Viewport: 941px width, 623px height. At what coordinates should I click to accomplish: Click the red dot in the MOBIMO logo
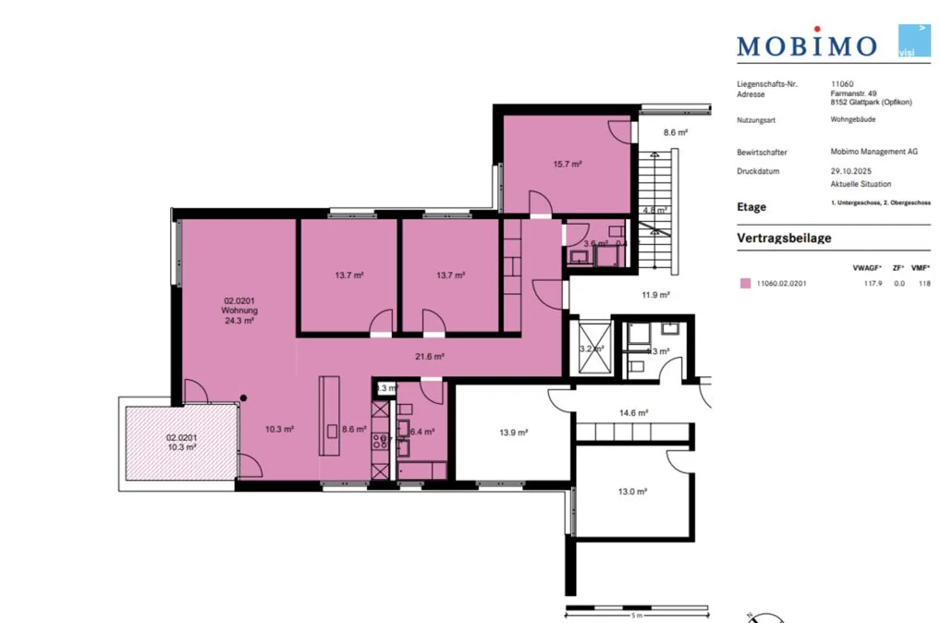click(x=817, y=29)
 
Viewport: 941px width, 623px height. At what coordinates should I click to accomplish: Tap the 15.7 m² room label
click(x=567, y=164)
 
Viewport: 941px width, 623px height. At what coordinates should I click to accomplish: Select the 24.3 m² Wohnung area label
click(x=239, y=320)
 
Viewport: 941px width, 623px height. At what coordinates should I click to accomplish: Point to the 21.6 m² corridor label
click(x=429, y=356)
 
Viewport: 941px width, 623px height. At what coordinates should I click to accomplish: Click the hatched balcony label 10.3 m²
click(x=182, y=447)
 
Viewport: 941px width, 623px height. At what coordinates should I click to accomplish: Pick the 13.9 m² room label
click(x=514, y=432)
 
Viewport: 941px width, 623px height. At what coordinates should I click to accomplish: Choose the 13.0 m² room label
click(x=632, y=491)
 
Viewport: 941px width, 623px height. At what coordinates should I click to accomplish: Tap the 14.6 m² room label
click(x=633, y=413)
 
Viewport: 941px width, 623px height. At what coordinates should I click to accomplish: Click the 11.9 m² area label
click(x=655, y=295)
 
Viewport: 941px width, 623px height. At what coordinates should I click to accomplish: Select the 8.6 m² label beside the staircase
click(x=675, y=132)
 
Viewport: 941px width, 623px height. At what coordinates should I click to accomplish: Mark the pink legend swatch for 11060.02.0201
click(x=745, y=283)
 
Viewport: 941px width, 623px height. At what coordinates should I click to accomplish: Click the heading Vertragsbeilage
click(x=784, y=238)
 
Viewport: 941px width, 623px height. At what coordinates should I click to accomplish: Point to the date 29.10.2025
click(x=851, y=171)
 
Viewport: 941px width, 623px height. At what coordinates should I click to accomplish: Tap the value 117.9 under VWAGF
click(x=872, y=283)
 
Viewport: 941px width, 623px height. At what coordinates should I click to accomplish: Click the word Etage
click(x=751, y=207)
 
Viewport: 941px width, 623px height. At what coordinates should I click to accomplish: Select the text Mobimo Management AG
click(x=874, y=152)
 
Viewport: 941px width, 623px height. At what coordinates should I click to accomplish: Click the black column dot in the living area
click(x=243, y=397)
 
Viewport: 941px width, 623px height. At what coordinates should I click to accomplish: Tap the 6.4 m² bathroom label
click(x=422, y=431)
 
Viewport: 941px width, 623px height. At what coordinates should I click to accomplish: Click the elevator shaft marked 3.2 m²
click(x=592, y=348)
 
